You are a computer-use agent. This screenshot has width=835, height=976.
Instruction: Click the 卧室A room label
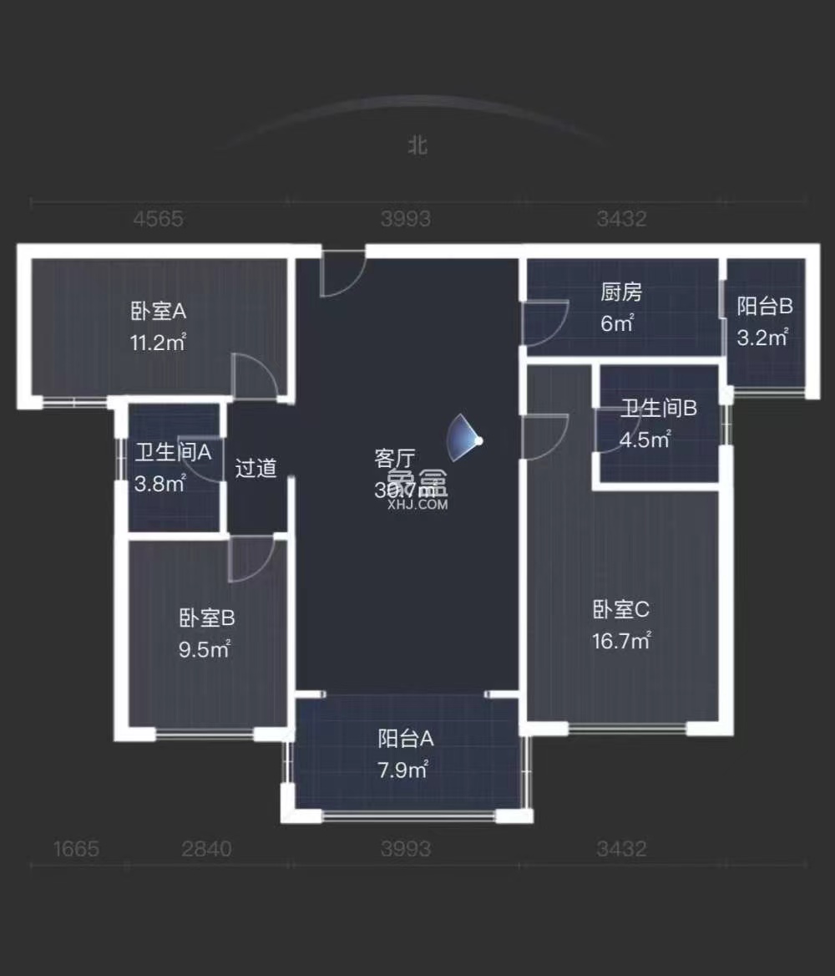[x=159, y=312]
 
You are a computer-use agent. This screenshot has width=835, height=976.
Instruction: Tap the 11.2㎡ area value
[x=159, y=342]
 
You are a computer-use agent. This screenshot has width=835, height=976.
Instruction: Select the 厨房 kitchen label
[x=621, y=292]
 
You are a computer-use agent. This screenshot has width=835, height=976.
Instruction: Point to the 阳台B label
[x=764, y=307]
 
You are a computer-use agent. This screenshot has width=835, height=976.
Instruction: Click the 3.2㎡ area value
[x=762, y=338]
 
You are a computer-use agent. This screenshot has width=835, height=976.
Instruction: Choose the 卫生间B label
[x=659, y=409]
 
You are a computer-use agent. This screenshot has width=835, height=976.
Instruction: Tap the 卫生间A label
[x=174, y=453]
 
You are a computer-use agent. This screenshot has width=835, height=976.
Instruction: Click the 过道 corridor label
[x=256, y=468]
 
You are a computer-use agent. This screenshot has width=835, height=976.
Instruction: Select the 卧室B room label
[x=207, y=618]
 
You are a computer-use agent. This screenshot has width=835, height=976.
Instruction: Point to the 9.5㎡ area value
[x=205, y=649]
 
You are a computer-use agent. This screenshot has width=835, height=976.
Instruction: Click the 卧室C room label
[x=620, y=610]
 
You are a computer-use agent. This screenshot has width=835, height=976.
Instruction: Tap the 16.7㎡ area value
[x=621, y=642]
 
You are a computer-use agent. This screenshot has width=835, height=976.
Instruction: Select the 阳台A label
[x=406, y=739]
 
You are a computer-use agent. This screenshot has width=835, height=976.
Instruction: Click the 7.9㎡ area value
[x=403, y=770]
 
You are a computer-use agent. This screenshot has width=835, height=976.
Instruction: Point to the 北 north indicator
[x=417, y=145]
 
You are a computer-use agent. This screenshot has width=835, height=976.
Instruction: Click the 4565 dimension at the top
[x=159, y=219]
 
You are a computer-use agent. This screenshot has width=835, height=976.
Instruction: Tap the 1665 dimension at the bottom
[x=77, y=849]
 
